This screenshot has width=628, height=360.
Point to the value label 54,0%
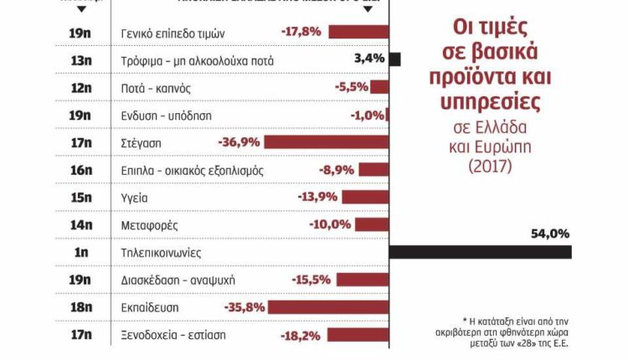(550, 234)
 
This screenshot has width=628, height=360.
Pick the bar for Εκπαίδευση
(328, 307)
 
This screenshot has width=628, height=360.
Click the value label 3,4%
(369, 59)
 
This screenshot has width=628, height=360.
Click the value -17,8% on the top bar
(302, 33)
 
